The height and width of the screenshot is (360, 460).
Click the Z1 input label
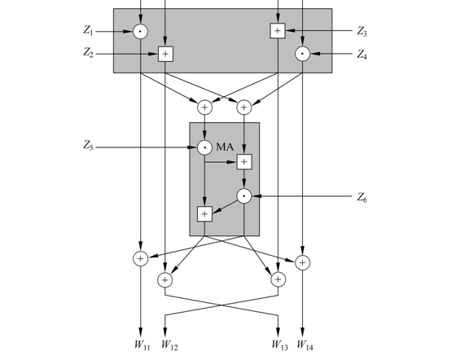pos(88,30)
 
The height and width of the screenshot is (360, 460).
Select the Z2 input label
pos(88,52)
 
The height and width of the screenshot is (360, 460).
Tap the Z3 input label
pos(362,31)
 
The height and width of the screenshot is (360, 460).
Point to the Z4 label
pos(362,55)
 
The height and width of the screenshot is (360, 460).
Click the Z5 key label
pos(88,145)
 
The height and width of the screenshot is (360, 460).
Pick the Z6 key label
pos(362,197)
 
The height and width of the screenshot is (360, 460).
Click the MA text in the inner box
pos(225,147)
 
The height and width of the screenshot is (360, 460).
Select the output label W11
pos(142,345)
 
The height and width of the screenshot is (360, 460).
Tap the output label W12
pos(169,345)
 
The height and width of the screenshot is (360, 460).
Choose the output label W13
pos(279,345)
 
